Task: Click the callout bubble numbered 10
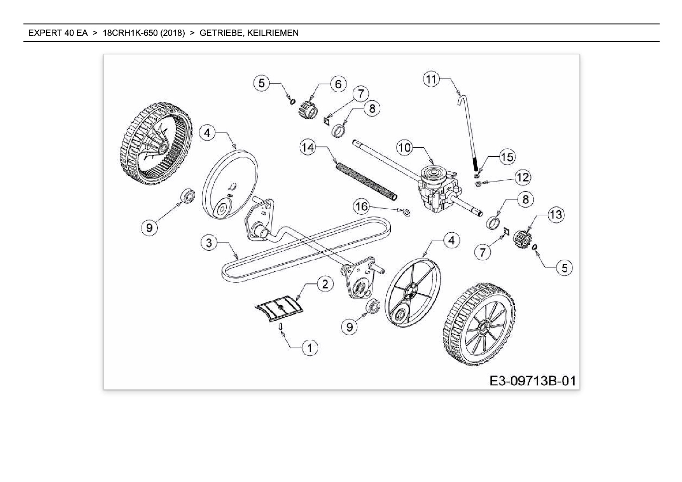(405, 148)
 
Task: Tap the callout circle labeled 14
(308, 148)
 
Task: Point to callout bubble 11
(431, 80)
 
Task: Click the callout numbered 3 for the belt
(209, 243)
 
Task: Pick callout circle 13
(556, 215)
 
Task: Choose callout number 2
(325, 284)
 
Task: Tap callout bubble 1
(310, 348)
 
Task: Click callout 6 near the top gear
(338, 84)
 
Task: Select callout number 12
(523, 178)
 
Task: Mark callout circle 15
(507, 157)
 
